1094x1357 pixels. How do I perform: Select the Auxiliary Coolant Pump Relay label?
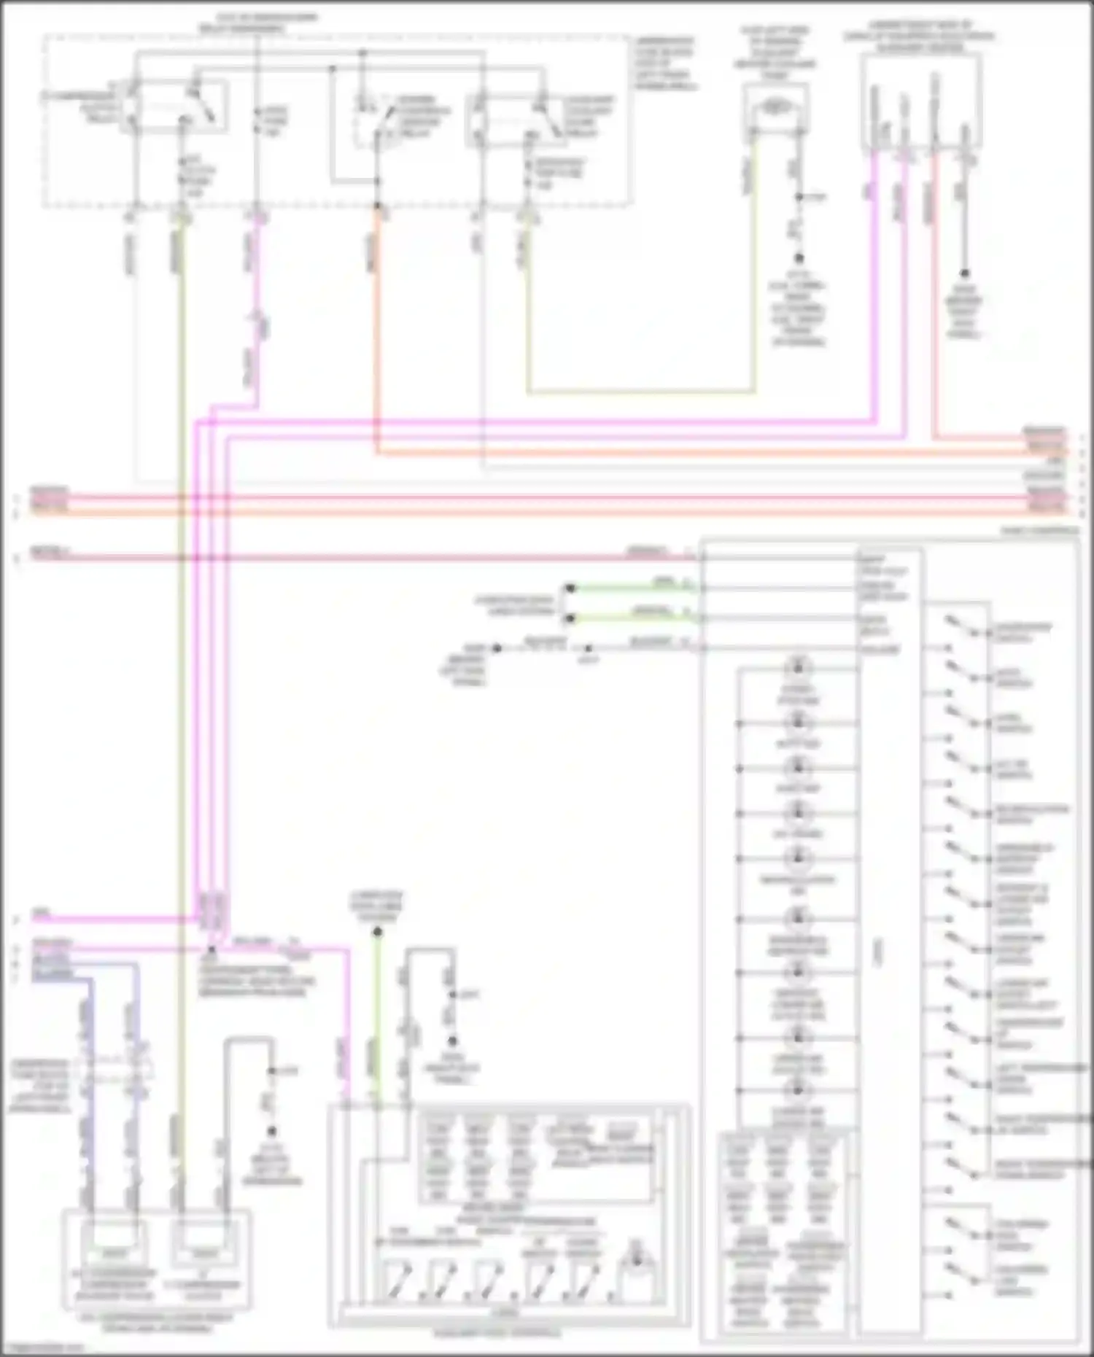click(x=587, y=117)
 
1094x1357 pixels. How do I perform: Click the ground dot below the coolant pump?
click(x=799, y=258)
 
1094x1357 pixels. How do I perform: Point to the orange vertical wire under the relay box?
click(x=377, y=328)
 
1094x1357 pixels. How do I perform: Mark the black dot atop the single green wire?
click(x=378, y=931)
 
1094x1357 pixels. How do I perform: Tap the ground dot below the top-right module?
click(x=964, y=273)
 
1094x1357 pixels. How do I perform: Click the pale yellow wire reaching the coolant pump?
click(x=642, y=392)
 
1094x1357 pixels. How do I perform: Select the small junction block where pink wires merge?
click(x=212, y=911)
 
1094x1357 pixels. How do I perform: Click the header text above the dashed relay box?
click(x=260, y=22)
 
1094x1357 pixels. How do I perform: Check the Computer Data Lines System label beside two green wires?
click(x=514, y=605)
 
